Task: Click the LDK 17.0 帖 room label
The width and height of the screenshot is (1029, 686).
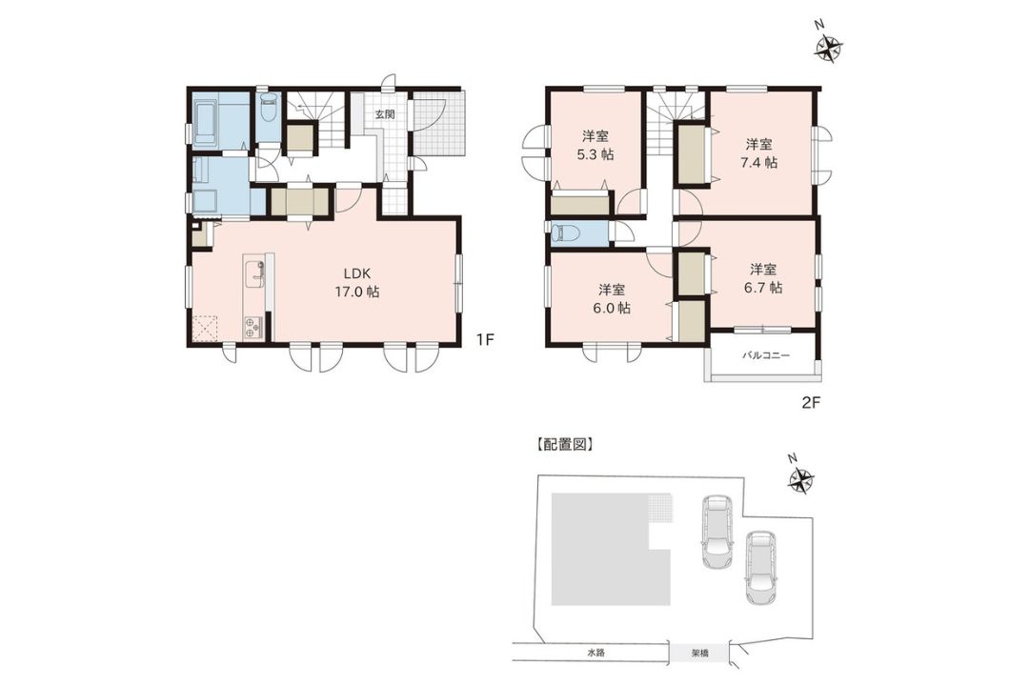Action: click(x=357, y=283)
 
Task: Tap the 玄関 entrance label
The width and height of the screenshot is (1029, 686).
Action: click(x=385, y=113)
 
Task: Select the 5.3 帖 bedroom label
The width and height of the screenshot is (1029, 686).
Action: click(x=595, y=146)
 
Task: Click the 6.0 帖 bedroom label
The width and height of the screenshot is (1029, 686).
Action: click(x=611, y=298)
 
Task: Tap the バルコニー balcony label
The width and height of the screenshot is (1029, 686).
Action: click(x=766, y=355)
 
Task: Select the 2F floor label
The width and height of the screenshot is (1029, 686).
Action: click(x=811, y=403)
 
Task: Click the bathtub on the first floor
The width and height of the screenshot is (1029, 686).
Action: click(x=205, y=122)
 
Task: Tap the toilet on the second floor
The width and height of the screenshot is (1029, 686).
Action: click(x=563, y=233)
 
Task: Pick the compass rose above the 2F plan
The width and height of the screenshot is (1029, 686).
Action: click(x=828, y=48)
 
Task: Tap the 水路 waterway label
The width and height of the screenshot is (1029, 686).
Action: click(x=595, y=654)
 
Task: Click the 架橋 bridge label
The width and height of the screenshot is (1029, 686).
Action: click(x=700, y=654)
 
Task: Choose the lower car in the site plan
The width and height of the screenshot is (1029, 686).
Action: click(x=760, y=567)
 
